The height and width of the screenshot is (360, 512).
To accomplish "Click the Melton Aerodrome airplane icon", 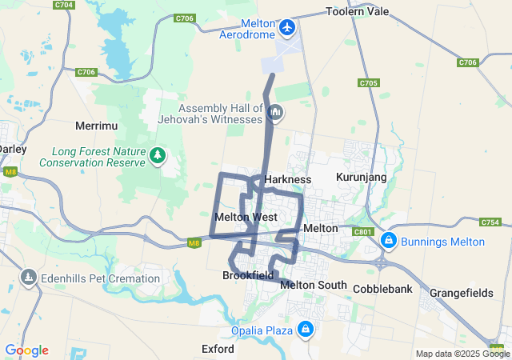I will coord(288,28).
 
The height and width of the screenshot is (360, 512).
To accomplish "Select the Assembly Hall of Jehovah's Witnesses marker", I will coord(275,113).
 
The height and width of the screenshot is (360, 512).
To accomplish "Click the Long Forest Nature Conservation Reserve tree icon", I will coord(158,154).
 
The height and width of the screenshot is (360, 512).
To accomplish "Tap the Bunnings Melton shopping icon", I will coord(388,241).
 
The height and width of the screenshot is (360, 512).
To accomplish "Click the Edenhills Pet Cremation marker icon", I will coord(29,278).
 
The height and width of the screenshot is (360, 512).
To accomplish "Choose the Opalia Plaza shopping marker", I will coord(306,329).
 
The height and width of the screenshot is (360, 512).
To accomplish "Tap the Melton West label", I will coord(246,217).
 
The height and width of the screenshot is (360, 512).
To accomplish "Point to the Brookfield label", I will coord(248,275).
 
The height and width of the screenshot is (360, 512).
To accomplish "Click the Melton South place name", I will coord(314,285).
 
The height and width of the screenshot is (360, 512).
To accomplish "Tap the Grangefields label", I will coord(462,293).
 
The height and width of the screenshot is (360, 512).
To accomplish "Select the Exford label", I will coord(218,349).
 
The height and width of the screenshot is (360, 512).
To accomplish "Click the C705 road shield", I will coord(369,82).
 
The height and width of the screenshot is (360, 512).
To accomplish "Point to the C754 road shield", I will coord(490,222).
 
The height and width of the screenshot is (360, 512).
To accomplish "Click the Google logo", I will coord(26,350).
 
